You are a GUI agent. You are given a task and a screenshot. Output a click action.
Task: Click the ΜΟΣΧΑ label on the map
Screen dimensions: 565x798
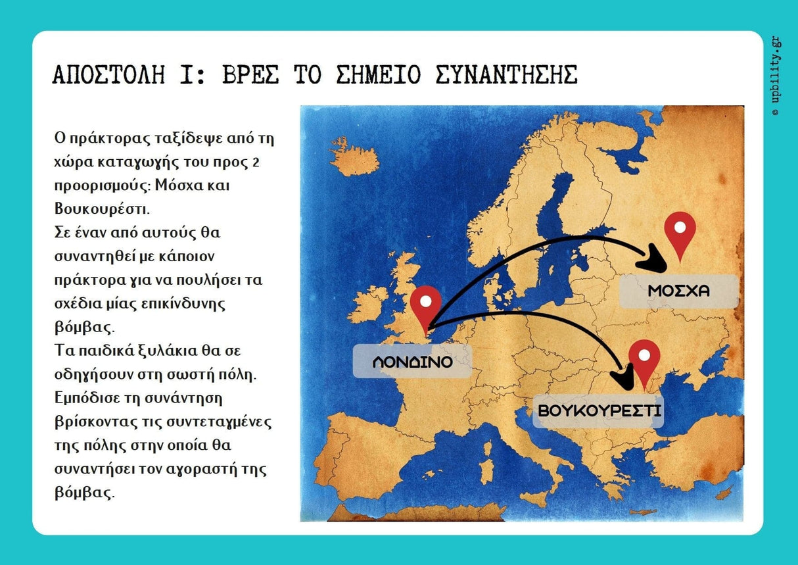click(679, 291)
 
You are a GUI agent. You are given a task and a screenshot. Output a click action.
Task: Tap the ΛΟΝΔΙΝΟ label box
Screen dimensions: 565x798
click(412, 362)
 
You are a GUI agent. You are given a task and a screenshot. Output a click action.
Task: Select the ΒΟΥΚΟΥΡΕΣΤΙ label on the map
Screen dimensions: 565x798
click(599, 411)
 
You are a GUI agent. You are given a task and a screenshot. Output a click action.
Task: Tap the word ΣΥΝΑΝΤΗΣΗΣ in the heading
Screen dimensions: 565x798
click(506, 76)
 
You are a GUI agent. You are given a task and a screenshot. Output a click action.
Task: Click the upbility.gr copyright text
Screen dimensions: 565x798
click(776, 76)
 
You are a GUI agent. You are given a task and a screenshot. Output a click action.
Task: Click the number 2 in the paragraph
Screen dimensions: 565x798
click(255, 162)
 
